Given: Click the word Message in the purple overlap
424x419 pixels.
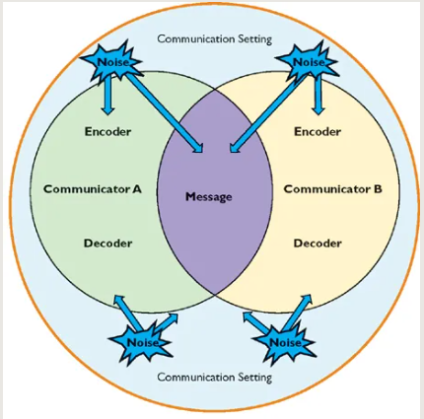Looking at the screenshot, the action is pyautogui.click(x=209, y=197).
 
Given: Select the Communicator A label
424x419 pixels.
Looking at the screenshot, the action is pyautogui.click(x=93, y=189).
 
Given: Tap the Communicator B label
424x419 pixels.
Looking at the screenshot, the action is pyautogui.click(x=333, y=189).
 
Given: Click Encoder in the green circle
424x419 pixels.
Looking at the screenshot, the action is pyautogui.click(x=107, y=132).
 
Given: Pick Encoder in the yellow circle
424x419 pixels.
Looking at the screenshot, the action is pyautogui.click(x=318, y=132).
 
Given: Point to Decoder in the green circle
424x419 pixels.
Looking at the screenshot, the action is pyautogui.click(x=107, y=244).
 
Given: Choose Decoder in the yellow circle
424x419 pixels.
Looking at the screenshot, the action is pyautogui.click(x=318, y=244).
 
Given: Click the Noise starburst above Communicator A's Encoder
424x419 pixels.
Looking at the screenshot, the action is pyautogui.click(x=111, y=61).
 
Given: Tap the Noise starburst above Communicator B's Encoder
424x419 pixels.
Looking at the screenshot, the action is pyautogui.click(x=307, y=61).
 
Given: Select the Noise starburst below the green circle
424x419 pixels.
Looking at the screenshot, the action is pyautogui.click(x=141, y=342).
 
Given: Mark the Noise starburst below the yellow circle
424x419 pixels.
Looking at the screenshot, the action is pyautogui.click(x=285, y=342).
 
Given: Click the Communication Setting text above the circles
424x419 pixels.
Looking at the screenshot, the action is pyautogui.click(x=215, y=39).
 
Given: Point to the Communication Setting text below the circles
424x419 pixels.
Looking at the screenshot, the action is pyautogui.click(x=215, y=377).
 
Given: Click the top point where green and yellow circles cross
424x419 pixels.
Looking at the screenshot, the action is pyautogui.click(x=215, y=89).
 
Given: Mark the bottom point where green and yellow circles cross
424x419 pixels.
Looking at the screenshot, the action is pyautogui.click(x=215, y=295).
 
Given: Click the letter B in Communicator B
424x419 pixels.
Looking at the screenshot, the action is pyautogui.click(x=378, y=189).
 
